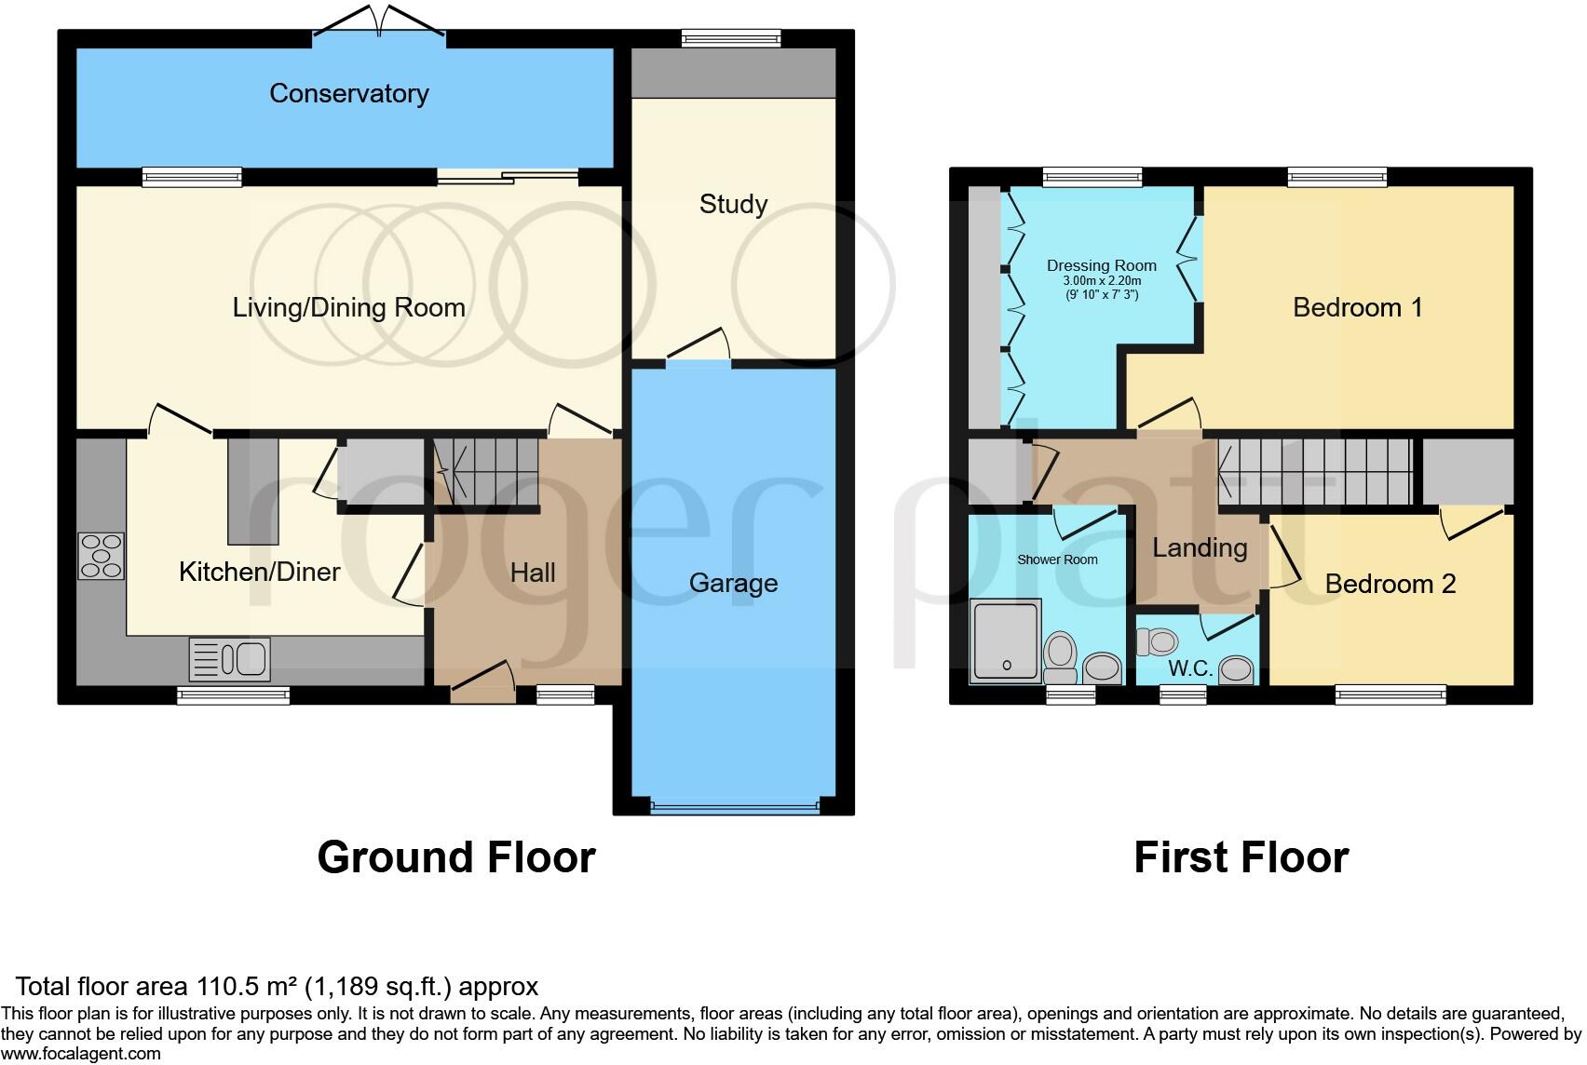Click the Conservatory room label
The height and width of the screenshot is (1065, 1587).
point(349,93)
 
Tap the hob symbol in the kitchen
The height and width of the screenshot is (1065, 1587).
point(101,556)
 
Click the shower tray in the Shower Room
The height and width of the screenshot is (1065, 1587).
point(1006,641)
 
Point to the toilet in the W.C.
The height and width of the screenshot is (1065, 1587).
point(1158,641)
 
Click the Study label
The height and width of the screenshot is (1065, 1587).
point(733,204)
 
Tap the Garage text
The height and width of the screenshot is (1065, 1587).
point(733,584)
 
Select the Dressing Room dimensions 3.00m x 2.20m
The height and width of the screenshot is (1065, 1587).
point(1102,280)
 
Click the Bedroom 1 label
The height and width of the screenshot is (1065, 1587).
point(1357,307)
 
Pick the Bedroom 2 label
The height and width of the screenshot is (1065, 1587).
point(1390,584)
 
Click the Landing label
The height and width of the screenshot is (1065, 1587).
point(1200,547)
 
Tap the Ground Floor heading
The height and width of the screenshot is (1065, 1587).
point(456,856)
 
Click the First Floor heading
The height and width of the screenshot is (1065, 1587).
point(1241,856)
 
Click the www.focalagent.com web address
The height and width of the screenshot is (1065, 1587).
point(81,1054)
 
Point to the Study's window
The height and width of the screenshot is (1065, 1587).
point(731,38)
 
